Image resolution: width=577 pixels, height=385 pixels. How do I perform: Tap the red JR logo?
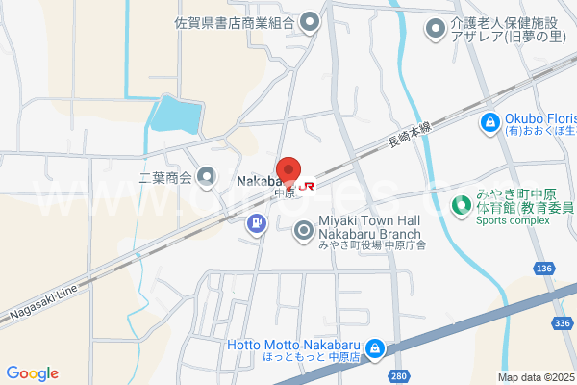tap(307, 186)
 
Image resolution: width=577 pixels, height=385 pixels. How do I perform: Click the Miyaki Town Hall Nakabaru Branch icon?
tap(305, 230)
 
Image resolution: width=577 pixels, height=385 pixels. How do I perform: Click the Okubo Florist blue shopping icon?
tap(489, 123)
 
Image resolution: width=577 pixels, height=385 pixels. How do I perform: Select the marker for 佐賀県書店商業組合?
tap(310, 20)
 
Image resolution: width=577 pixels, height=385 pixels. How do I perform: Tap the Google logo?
tap(32, 372)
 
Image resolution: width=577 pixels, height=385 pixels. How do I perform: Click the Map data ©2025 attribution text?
tap(536, 377)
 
